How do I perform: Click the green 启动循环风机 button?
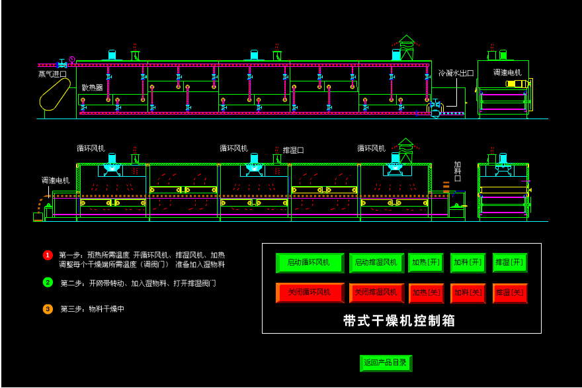pyautogui.click(x=310, y=263)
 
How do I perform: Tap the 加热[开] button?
pyautogui.click(x=426, y=263)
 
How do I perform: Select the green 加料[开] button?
pyautogui.click(x=468, y=263)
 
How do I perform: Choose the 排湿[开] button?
pyautogui.click(x=509, y=263)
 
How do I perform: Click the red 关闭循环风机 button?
pyautogui.click(x=310, y=293)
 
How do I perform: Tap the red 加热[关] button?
pyautogui.click(x=426, y=293)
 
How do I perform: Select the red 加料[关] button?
pyautogui.click(x=468, y=293)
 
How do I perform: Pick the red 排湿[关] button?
pyautogui.click(x=509, y=293)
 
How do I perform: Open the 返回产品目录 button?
pyautogui.click(x=386, y=363)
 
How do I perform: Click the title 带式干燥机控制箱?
pyautogui.click(x=399, y=321)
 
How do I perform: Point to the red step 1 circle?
pyautogui.click(x=48, y=255)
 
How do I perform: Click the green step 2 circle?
pyautogui.click(x=48, y=282)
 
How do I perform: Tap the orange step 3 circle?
pyautogui.click(x=48, y=309)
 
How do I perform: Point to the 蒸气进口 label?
pyautogui.click(x=52, y=74)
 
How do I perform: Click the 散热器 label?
pyautogui.click(x=92, y=87)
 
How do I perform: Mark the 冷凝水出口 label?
pyautogui.click(x=456, y=73)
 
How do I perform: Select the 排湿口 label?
pyautogui.click(x=293, y=150)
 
